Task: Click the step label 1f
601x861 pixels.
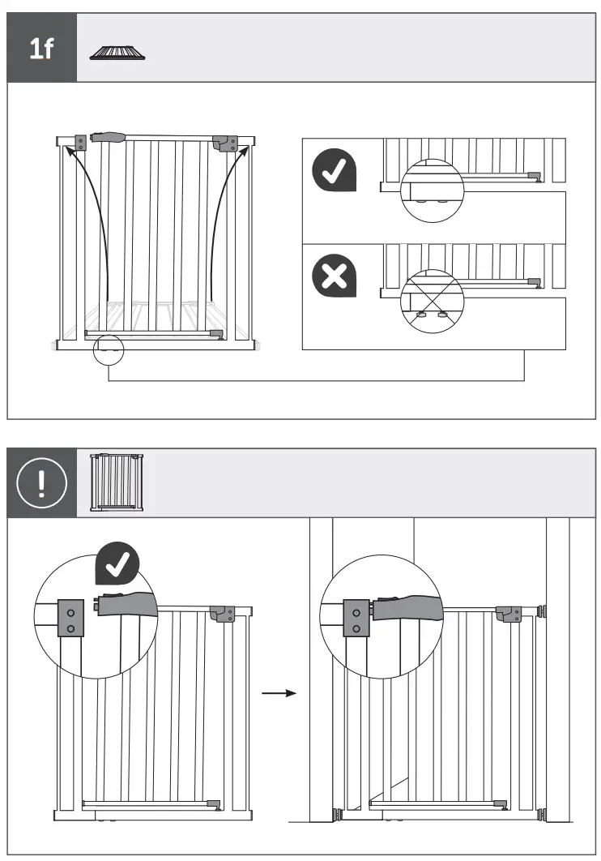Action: [x=41, y=48]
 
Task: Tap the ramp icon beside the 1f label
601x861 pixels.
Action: [x=118, y=54]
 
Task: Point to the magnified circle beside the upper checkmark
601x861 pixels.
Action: [x=432, y=191]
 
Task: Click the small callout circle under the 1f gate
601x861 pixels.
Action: [x=109, y=349]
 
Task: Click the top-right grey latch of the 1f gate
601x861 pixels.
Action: [x=224, y=143]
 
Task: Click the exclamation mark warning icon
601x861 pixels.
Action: [x=42, y=483]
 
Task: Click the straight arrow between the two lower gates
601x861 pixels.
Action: [x=280, y=693]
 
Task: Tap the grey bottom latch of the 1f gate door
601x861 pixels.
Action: [x=215, y=333]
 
